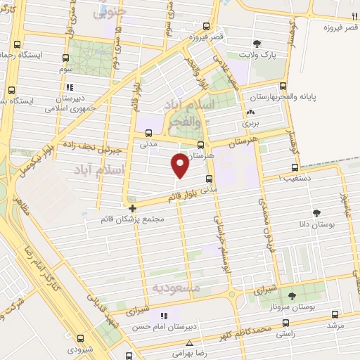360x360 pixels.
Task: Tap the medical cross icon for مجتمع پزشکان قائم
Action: (133, 207)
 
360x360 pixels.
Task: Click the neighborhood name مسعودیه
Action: (176, 288)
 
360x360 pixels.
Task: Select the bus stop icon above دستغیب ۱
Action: (295, 167)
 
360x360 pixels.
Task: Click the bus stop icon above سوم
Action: (66, 58)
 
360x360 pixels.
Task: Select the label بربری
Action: (251, 122)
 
